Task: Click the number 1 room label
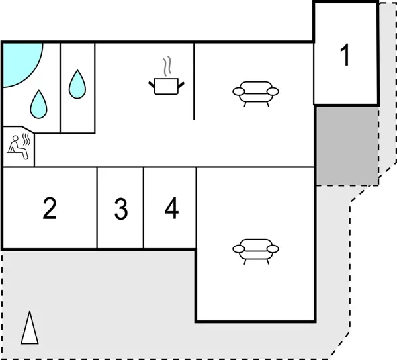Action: (344, 56)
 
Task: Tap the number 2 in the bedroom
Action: (50, 209)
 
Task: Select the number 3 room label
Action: (120, 209)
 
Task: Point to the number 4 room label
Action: (171, 209)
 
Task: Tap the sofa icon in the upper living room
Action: (255, 92)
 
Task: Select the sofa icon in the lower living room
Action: (255, 250)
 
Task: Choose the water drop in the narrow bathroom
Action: (78, 84)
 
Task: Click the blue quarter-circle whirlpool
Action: (19, 61)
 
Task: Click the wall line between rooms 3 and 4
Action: (144, 208)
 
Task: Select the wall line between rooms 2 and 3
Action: (97, 208)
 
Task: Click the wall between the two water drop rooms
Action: (60, 86)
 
